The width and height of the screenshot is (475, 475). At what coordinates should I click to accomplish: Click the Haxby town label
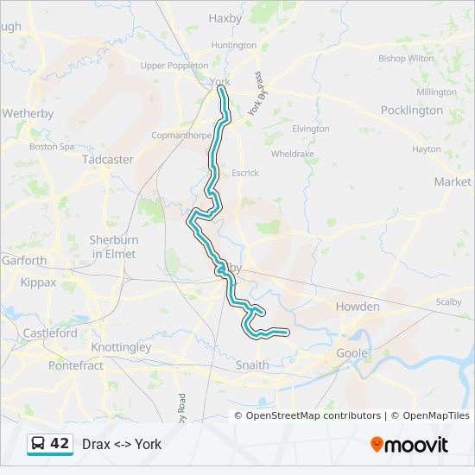coord(225,18)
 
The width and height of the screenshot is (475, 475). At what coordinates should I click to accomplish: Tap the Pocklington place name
coord(411,111)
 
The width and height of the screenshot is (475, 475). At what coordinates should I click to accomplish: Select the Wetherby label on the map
coord(28,113)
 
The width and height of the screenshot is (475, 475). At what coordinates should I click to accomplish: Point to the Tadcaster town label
coord(107,160)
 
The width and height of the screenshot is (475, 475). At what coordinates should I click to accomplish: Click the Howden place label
coord(358,307)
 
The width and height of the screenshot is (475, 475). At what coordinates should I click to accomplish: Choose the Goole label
coord(351,353)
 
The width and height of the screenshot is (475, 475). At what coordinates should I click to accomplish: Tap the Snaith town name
coord(252,365)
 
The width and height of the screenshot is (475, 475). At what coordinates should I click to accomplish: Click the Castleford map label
coord(50,332)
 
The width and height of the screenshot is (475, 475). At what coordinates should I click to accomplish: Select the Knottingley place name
coord(121,347)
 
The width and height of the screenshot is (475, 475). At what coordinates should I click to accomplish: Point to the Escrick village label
coord(244,173)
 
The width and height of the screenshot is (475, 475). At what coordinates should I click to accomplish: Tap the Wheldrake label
coord(293,154)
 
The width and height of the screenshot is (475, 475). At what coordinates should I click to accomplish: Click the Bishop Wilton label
coord(406,59)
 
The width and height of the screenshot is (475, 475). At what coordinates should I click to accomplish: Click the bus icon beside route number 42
coord(39,444)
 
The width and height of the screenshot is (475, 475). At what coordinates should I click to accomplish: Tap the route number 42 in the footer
coord(60,444)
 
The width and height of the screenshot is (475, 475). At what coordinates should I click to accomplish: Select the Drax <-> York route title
coord(122,444)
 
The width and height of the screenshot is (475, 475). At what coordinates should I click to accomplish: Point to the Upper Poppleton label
coord(174,66)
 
